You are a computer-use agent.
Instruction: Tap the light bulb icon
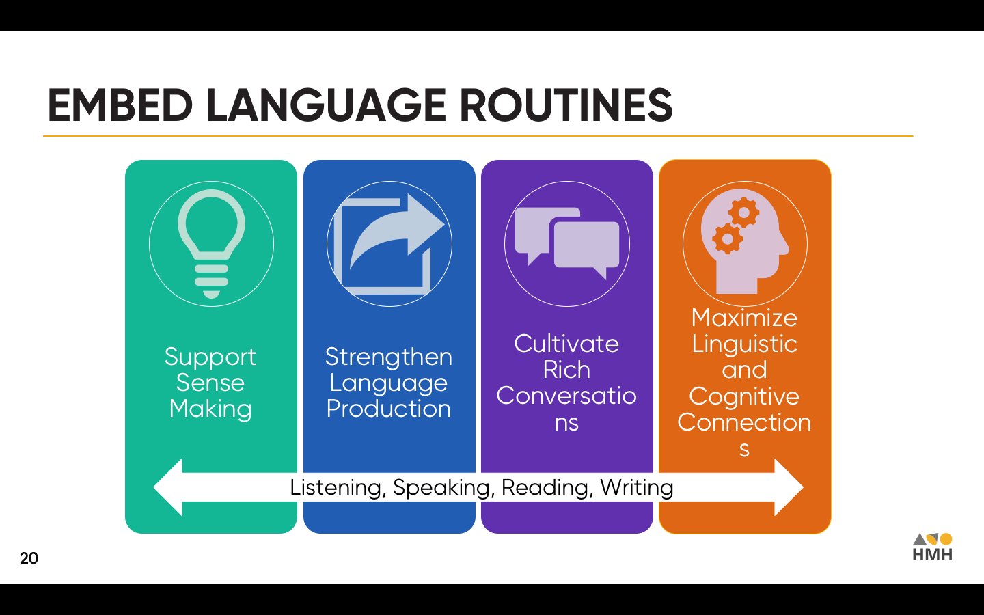click(211, 243)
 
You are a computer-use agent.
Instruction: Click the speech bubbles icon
click(567, 243)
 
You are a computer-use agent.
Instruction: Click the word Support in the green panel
click(210, 357)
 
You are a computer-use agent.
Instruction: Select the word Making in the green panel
click(210, 409)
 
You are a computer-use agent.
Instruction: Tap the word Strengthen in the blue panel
click(388, 357)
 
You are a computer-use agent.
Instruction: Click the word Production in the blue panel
click(388, 409)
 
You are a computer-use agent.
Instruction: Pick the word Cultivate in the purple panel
click(566, 344)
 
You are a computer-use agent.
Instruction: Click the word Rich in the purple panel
click(566, 370)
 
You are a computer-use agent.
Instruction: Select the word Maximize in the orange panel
click(744, 318)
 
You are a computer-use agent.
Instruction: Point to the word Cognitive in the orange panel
click(744, 396)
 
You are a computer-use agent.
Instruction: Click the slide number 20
click(29, 558)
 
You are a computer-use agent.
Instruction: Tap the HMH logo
click(932, 547)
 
